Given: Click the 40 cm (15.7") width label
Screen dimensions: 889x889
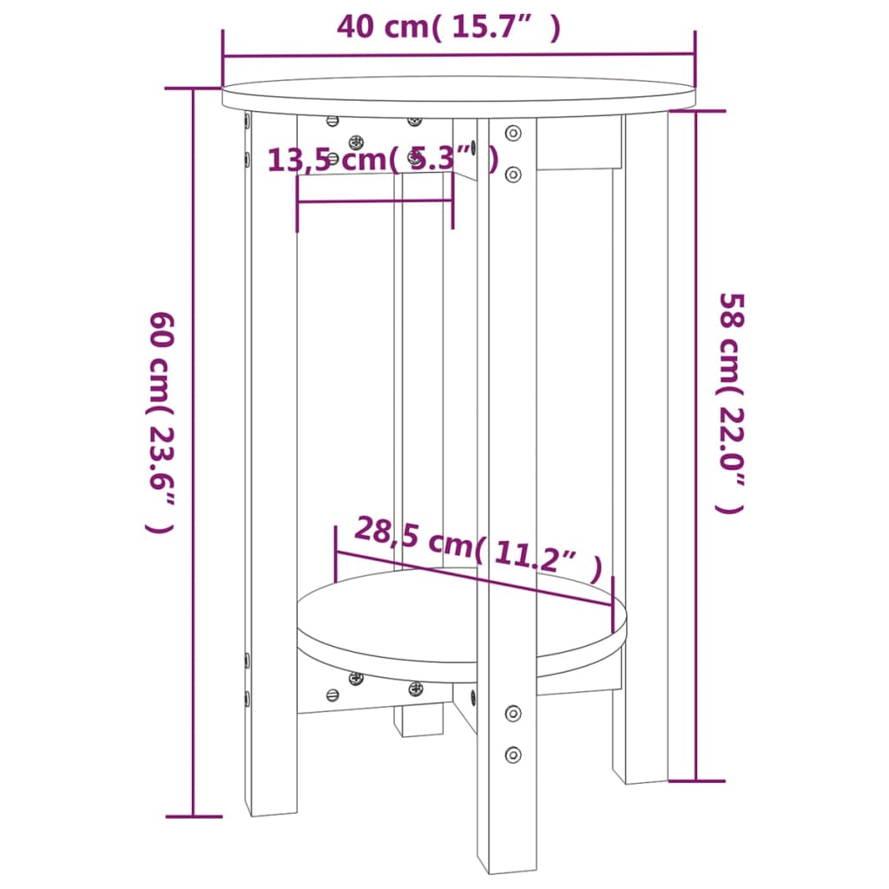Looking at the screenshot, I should [x=448, y=28].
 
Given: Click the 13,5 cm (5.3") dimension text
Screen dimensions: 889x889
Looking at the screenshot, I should [x=382, y=160].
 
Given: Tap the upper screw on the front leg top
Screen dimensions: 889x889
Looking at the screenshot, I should [x=513, y=134].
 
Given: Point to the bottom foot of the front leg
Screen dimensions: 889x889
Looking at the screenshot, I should [x=507, y=859].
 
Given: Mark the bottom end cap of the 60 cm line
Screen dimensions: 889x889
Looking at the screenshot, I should [x=193, y=816].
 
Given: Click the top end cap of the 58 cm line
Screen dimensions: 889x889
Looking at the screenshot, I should [x=696, y=110].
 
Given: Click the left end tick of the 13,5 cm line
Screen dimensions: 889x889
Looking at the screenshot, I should [x=298, y=203].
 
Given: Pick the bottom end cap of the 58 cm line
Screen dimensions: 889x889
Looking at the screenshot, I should [x=696, y=780].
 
